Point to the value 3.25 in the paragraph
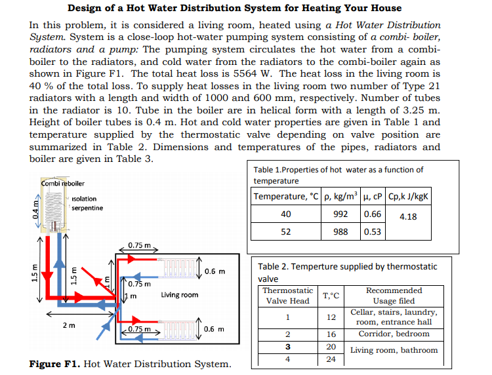[398, 110]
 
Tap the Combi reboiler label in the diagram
[63, 182]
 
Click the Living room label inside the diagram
[179, 295]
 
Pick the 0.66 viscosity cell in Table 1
[372, 214]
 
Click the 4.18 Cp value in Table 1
[408, 216]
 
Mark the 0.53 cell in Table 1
[372, 231]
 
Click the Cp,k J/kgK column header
[409, 197]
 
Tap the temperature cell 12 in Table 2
[331, 317]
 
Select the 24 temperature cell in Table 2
[331, 359]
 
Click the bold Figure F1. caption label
[56, 364]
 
